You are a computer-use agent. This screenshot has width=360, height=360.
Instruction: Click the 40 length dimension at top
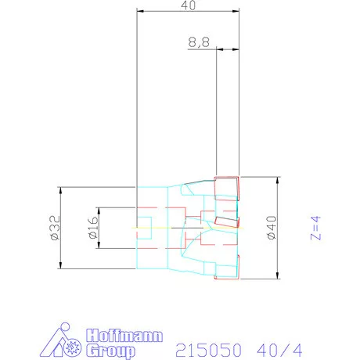pyautogui.click(x=188, y=5)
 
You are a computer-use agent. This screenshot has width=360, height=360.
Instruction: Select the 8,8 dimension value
pyautogui.click(x=199, y=42)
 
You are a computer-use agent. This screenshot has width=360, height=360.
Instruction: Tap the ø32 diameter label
pyautogui.click(x=56, y=228)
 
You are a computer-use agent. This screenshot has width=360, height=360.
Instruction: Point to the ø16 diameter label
pyautogui.click(x=94, y=227)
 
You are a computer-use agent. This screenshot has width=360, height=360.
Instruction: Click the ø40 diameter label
pyautogui.click(x=272, y=228)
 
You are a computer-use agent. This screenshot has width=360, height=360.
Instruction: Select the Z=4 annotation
pyautogui.click(x=315, y=228)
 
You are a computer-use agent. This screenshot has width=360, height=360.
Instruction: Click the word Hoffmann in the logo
pyautogui.click(x=124, y=336)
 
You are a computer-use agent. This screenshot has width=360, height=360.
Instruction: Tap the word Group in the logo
pyautogui.click(x=110, y=351)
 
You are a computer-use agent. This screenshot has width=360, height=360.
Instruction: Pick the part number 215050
pyautogui.click(x=208, y=351)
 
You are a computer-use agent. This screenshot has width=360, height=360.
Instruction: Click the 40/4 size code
pyautogui.click(x=279, y=351)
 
